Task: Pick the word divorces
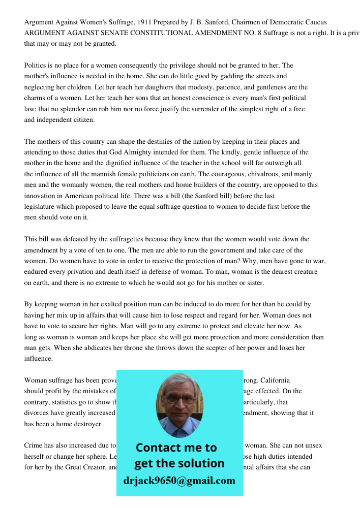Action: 37,413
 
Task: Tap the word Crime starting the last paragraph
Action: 34,446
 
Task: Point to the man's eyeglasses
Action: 179,399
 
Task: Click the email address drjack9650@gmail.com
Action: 179,481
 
